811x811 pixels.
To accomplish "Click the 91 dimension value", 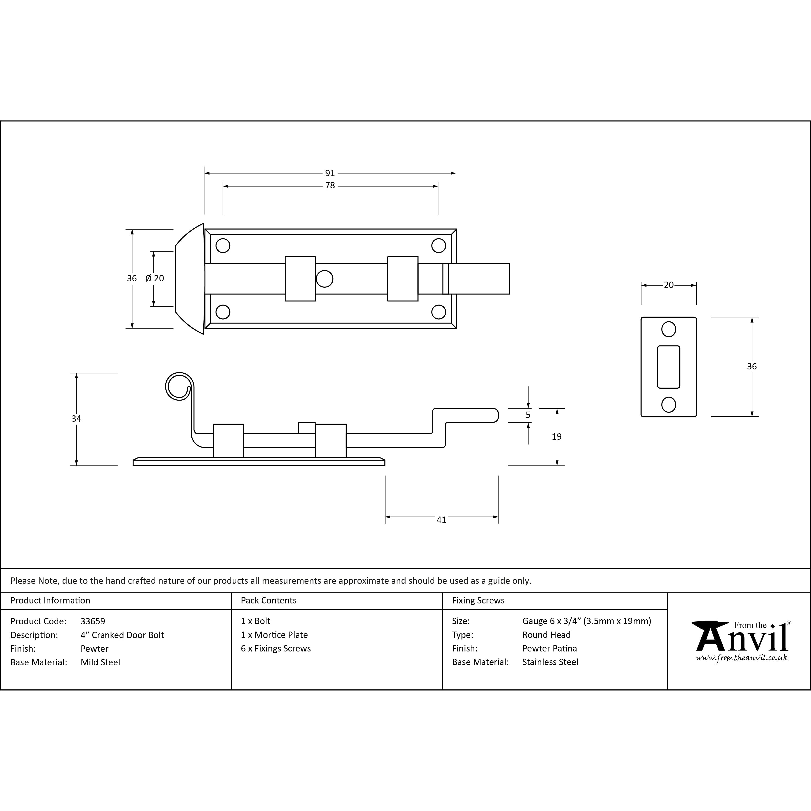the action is [330, 173].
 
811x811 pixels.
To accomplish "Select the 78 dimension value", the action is [330, 186].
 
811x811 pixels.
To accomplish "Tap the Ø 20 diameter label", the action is [154, 278].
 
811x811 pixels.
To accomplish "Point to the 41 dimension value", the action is [441, 520].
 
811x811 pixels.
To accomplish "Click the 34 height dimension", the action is [76, 419].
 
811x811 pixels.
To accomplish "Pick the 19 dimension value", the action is [557, 437].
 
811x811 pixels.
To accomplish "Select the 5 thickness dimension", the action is [528, 415].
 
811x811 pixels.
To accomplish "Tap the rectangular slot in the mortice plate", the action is [669, 367].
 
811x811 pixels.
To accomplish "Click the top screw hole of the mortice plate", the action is [669, 329].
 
